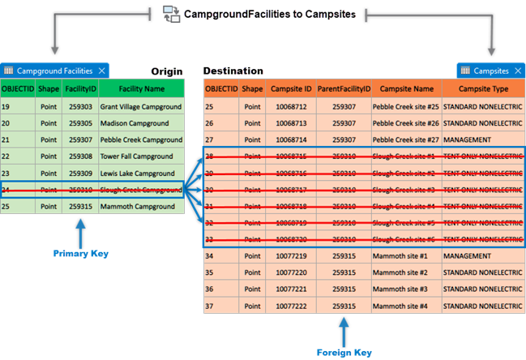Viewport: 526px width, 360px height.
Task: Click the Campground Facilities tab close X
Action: [101, 71]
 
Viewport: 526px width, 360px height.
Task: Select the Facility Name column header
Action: [142, 88]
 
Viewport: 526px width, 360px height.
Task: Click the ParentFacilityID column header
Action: [344, 88]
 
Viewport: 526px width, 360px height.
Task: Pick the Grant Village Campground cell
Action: [140, 106]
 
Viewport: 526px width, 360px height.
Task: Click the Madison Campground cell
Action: [135, 123]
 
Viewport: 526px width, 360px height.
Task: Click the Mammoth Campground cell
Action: [135, 206]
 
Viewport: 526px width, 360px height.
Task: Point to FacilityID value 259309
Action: [80, 173]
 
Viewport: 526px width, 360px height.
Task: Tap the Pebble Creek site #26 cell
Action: [405, 123]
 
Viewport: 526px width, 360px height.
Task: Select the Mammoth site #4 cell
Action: [400, 306]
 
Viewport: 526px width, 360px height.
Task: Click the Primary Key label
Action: [81, 254]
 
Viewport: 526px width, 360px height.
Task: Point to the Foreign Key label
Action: [344, 352]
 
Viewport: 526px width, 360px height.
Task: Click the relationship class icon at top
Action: [172, 13]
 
